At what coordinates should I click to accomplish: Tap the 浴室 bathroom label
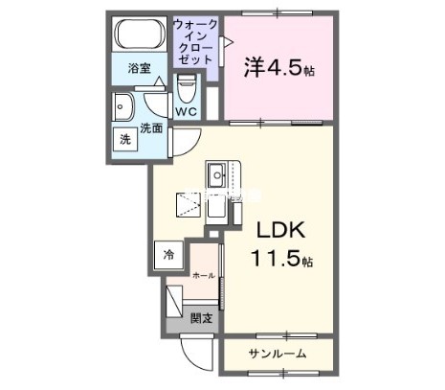point(140,68)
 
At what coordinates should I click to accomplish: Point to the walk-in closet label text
point(195,40)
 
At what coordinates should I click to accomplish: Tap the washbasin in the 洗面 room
point(124,105)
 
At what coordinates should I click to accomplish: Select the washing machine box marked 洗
point(125,138)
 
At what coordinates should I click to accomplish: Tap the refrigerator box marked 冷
point(168,255)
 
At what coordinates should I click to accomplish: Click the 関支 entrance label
point(201,318)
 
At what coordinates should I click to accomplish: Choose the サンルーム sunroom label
point(278,354)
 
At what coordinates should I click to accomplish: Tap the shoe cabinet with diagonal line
point(175,303)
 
